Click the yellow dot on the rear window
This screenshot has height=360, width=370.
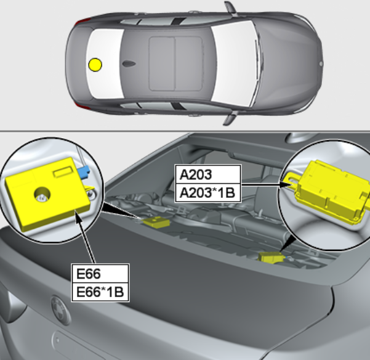click(x=95, y=65)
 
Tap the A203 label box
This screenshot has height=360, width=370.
click(x=208, y=174)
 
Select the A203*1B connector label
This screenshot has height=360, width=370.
click(x=208, y=193)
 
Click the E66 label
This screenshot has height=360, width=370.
click(x=100, y=274)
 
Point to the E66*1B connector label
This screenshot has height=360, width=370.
click(x=100, y=292)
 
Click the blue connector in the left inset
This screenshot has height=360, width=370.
click(x=84, y=171)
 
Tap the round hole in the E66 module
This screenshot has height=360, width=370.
click(x=42, y=195)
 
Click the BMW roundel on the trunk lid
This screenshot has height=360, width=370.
click(x=61, y=309)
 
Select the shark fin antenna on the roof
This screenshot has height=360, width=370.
click(x=129, y=63)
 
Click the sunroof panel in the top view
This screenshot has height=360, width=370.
click(x=176, y=63)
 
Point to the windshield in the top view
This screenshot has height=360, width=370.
click(x=233, y=63)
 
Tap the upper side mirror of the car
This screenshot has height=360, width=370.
click(x=230, y=9)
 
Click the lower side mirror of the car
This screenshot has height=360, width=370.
click(x=230, y=118)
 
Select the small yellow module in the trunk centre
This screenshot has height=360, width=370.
click(x=156, y=223)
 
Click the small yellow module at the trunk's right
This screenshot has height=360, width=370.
click(x=271, y=258)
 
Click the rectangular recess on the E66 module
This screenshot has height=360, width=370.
click(x=63, y=171)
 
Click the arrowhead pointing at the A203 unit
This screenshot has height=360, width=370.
click(x=284, y=184)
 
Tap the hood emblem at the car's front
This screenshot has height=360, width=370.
click(x=321, y=63)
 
